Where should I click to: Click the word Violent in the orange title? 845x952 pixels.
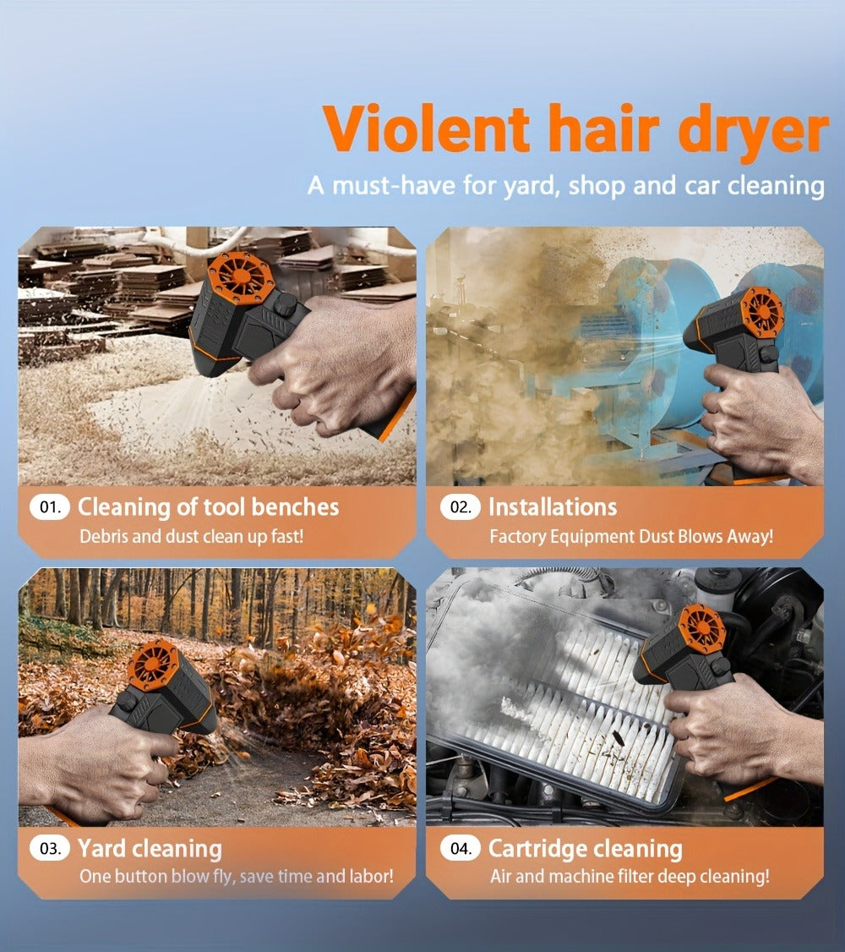(x=427, y=129)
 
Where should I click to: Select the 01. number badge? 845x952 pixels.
(x=50, y=507)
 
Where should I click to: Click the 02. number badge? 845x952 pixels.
(x=461, y=507)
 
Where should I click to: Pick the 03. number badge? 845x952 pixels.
(x=50, y=848)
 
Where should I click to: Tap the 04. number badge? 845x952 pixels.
(x=461, y=848)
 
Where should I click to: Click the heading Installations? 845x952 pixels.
(x=553, y=507)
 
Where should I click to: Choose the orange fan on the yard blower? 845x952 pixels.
(x=152, y=666)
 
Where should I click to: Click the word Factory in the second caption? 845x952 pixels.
(x=520, y=537)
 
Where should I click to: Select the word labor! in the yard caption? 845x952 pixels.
(x=371, y=876)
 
